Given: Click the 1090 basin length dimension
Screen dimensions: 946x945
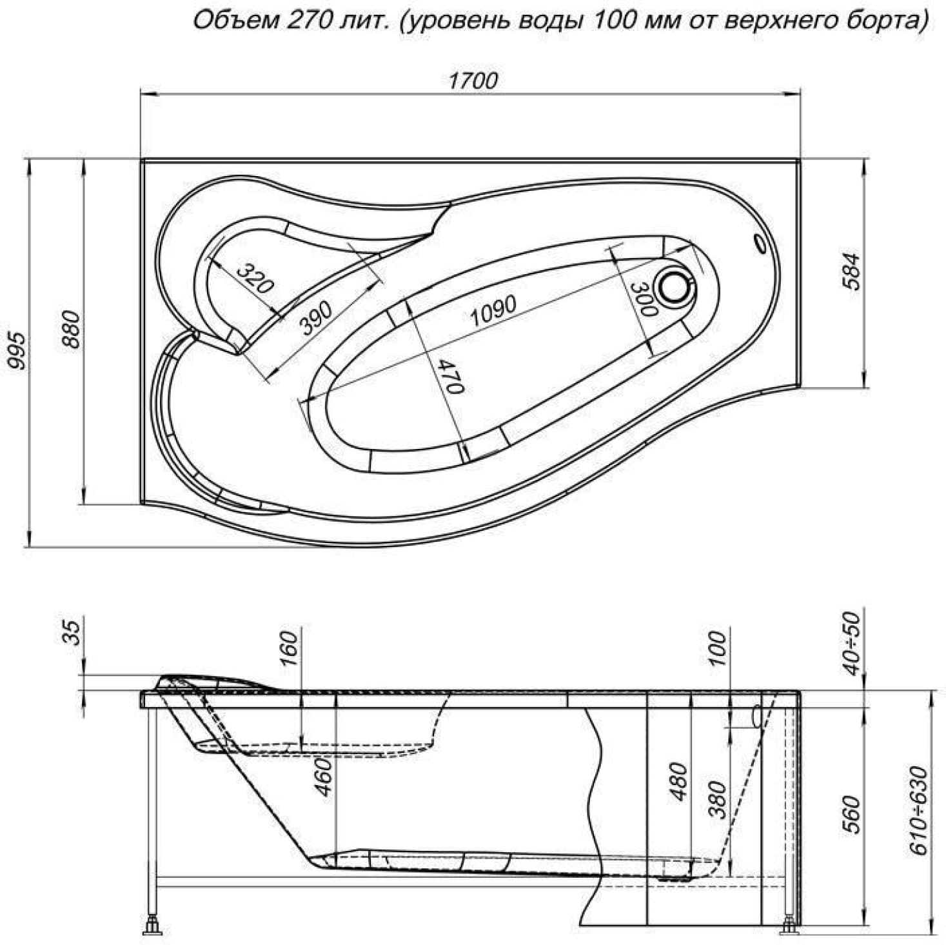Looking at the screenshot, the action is [x=493, y=311].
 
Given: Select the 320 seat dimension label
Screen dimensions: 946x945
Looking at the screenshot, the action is [x=254, y=277].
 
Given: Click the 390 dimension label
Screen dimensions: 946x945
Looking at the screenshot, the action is [x=316, y=317].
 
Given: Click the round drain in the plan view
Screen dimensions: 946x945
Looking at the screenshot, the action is [x=676, y=286].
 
